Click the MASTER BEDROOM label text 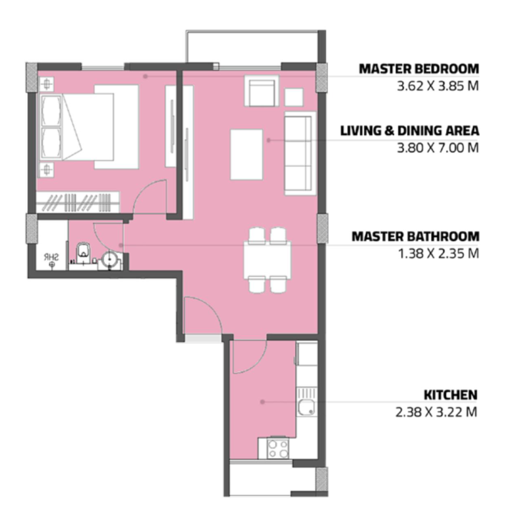(418, 69)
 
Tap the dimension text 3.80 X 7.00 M (438, 148)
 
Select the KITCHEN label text (450, 395)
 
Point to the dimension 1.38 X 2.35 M (438, 254)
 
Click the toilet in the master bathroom (83, 252)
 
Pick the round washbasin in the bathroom (109, 260)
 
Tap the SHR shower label (51, 257)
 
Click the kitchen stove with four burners (277, 449)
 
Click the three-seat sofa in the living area (300, 153)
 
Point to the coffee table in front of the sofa (246, 154)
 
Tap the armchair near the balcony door (261, 91)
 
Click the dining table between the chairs (267, 260)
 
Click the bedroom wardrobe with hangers (78, 202)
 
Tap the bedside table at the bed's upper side (47, 84)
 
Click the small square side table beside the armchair (294, 97)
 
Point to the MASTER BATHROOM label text (415, 237)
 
